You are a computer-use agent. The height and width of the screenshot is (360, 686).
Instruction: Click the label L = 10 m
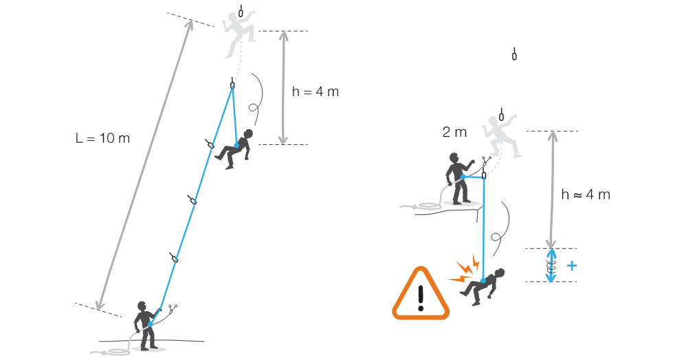click(103, 138)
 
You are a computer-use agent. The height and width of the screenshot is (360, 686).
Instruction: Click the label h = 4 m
click(316, 92)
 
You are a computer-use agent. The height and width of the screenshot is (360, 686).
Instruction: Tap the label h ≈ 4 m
click(586, 194)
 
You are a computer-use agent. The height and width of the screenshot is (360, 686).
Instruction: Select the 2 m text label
click(454, 132)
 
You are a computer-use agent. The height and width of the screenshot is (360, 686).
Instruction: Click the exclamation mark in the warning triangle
click(421, 298)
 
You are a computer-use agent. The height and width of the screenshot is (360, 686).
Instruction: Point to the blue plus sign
click(572, 265)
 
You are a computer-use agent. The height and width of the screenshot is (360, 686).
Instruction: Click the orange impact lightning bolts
click(465, 269)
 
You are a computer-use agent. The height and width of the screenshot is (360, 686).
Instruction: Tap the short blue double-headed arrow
click(551, 265)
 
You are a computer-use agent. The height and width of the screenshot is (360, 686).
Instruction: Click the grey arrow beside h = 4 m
click(283, 87)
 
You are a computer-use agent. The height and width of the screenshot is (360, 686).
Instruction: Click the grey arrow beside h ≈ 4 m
click(552, 190)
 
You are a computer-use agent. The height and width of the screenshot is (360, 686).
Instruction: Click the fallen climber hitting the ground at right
click(483, 287)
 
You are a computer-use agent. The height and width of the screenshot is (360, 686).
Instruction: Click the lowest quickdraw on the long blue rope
click(175, 257)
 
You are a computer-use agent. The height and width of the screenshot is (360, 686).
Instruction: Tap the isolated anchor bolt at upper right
click(514, 54)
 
